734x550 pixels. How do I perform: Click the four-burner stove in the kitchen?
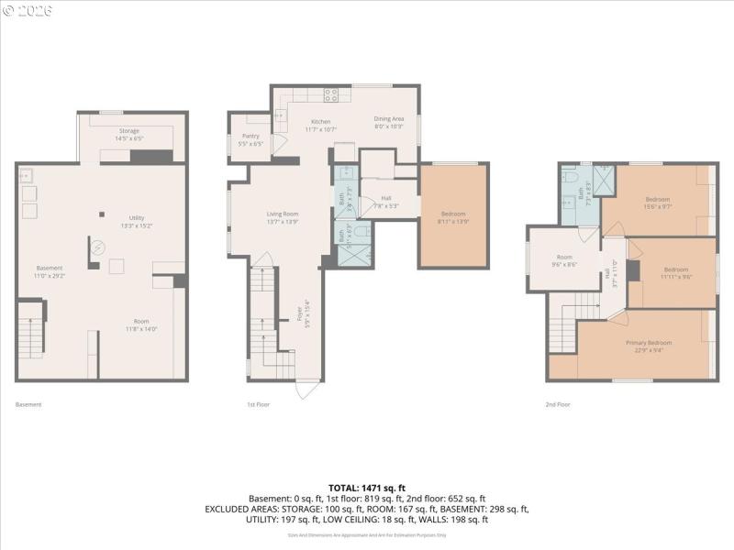(330, 94)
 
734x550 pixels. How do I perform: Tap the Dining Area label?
(388, 122)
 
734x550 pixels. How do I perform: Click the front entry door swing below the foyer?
(307, 389)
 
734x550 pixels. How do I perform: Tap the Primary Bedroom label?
(650, 346)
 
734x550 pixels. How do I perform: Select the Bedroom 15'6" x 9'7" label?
(658, 203)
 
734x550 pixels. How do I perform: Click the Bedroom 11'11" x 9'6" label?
(676, 272)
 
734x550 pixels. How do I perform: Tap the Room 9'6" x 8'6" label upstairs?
(564, 261)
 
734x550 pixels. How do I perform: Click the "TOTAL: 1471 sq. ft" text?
(367, 487)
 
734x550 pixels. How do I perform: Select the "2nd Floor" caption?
(557, 404)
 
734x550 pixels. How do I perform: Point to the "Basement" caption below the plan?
(28, 404)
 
